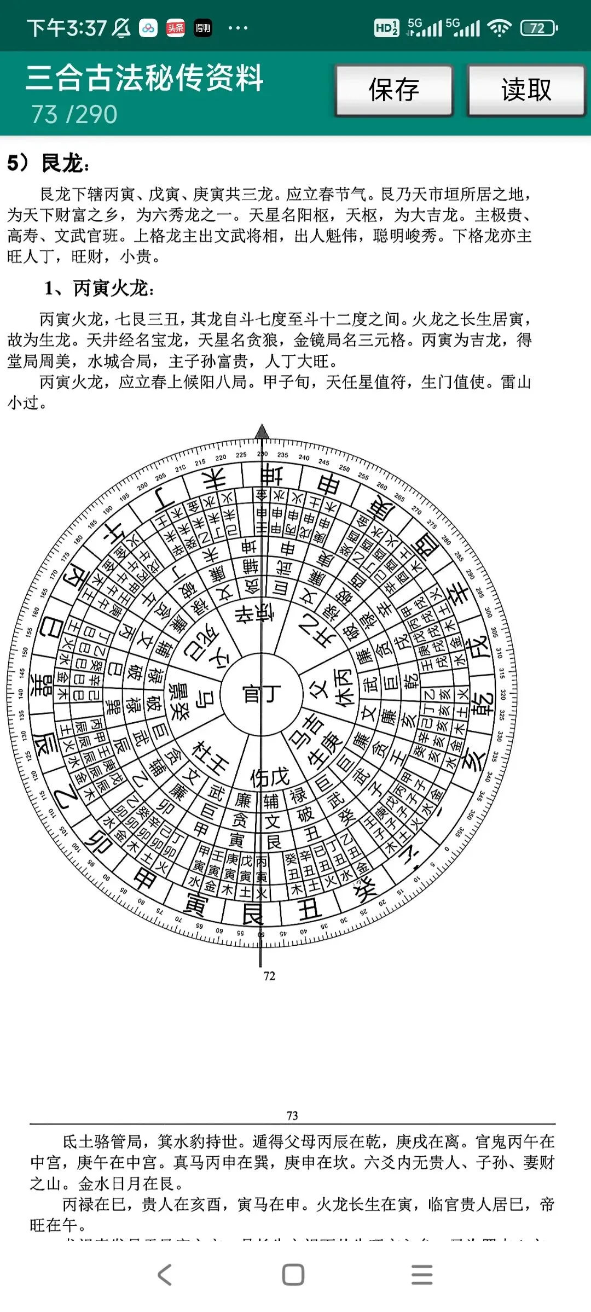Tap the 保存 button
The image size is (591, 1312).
394,90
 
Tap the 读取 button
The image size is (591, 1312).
526,90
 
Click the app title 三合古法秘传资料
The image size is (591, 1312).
144,78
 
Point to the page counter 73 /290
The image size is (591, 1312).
74,114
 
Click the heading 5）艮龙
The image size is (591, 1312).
48,163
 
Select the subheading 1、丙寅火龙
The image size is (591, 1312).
99,288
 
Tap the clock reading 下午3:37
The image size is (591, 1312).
66,28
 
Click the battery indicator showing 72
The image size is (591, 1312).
538,28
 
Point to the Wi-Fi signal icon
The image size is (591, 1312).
499,28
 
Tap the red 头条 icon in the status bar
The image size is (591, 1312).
176,28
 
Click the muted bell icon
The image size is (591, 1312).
121,28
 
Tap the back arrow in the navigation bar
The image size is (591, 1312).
165,1275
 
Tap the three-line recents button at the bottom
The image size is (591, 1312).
422,1275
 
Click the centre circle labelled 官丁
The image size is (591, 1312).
262,694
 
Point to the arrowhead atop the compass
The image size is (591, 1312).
262,431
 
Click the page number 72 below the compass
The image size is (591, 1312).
269,976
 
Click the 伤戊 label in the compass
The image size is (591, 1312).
269,776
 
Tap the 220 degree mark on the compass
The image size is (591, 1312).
221,458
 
